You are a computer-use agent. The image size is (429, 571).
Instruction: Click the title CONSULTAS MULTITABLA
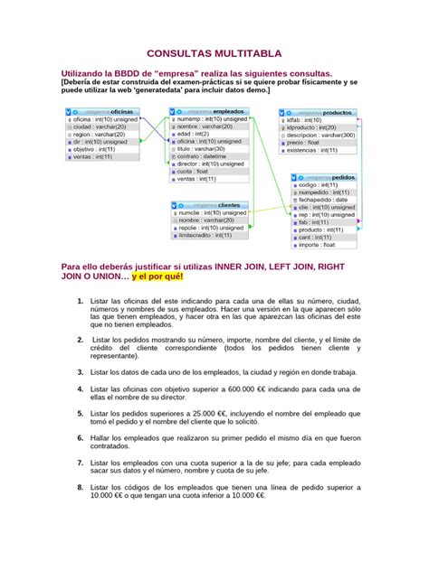click(x=214, y=53)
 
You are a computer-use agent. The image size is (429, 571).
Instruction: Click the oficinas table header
click(x=102, y=110)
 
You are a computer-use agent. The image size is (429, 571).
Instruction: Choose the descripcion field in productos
click(x=320, y=134)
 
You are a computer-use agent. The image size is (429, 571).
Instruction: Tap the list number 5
click(x=81, y=412)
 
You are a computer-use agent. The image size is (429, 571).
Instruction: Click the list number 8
click(x=81, y=487)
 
